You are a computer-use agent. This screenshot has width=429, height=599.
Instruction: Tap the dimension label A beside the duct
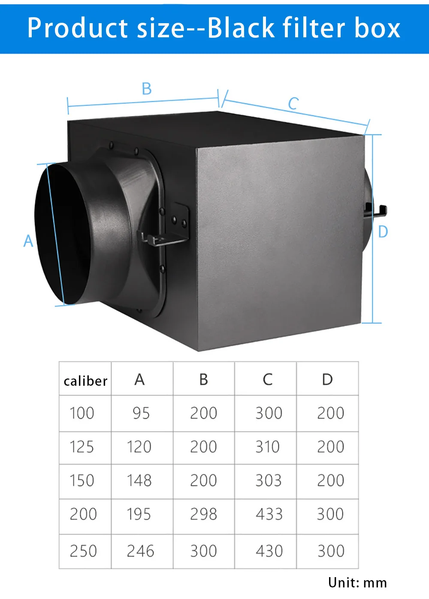(28, 241)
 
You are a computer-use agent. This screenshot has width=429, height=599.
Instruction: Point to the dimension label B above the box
(147, 89)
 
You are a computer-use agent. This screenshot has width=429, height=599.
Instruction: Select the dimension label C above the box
(293, 103)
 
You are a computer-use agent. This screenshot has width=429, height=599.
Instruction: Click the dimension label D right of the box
(383, 232)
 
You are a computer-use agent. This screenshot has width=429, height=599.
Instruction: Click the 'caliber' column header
(85, 381)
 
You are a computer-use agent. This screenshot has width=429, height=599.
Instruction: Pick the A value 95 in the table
(141, 413)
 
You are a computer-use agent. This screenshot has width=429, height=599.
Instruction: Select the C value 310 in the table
(268, 447)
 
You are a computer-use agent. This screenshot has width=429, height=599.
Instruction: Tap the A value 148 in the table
(139, 481)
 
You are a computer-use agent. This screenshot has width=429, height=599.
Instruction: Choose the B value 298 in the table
(203, 514)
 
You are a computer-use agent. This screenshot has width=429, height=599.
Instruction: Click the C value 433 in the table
(269, 514)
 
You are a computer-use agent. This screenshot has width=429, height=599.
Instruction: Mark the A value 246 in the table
(140, 551)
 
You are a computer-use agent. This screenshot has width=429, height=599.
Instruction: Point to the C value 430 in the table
(269, 551)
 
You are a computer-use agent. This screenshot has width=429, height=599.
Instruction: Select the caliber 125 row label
(82, 447)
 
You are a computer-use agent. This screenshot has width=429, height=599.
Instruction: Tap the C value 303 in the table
(269, 481)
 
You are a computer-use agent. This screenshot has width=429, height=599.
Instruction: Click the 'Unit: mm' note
(357, 583)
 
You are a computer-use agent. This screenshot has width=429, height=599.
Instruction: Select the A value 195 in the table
(139, 514)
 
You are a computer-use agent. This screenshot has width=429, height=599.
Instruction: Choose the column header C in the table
(268, 379)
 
